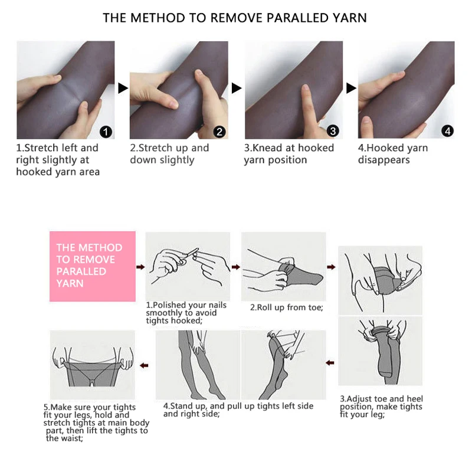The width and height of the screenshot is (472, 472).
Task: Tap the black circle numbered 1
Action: (107, 131)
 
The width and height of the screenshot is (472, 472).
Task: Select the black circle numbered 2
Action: (220, 131)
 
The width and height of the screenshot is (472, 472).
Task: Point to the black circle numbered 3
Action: (333, 131)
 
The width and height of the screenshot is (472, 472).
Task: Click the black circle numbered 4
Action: (447, 131)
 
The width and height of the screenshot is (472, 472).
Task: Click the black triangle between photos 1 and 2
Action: (123, 88)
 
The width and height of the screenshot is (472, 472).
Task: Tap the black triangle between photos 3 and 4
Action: (351, 88)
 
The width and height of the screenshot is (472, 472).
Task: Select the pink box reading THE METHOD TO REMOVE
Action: (93, 266)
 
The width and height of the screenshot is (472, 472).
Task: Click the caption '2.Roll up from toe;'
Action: (286, 307)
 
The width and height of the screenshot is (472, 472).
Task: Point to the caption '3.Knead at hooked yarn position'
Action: (289, 154)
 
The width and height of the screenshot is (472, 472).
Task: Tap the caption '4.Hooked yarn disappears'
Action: (392, 154)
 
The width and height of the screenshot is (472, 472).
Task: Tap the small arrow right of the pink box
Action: (140, 267)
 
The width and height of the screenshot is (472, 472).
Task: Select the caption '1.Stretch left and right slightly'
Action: (57, 160)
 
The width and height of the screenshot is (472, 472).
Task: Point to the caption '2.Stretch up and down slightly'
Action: (169, 154)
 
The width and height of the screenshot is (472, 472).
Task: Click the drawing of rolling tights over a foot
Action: (283, 267)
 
